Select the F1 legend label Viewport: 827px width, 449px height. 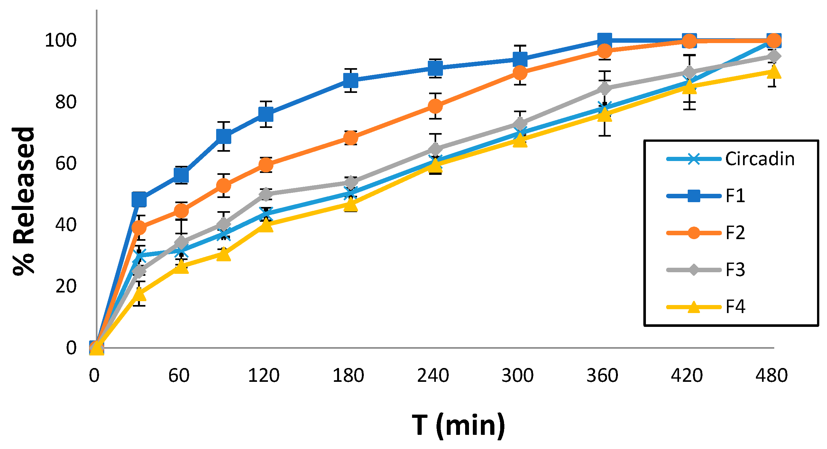tap(735, 196)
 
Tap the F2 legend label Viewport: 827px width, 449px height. tap(735, 233)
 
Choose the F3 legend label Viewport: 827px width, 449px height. tap(735, 270)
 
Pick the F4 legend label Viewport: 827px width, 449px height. tap(735, 307)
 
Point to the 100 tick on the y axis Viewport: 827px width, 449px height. tap(61, 40)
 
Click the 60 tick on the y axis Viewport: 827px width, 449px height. tap(66, 163)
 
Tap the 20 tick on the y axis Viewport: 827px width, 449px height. tap(66, 286)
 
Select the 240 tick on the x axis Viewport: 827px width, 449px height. tap(433, 375)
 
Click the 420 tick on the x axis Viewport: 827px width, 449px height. tap(687, 375)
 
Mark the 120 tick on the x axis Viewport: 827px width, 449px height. tap(264, 375)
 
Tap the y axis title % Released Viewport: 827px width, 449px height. tap(23, 201)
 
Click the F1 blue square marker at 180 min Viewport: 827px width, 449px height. tap(351, 80)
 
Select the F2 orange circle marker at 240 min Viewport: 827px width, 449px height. tap(435, 106)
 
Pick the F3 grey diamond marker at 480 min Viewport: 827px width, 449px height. tap(774, 56)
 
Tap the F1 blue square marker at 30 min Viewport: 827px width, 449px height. tap(139, 200)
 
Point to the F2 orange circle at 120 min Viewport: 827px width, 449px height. tap(266, 165)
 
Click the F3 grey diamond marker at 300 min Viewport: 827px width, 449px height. tap(520, 124)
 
